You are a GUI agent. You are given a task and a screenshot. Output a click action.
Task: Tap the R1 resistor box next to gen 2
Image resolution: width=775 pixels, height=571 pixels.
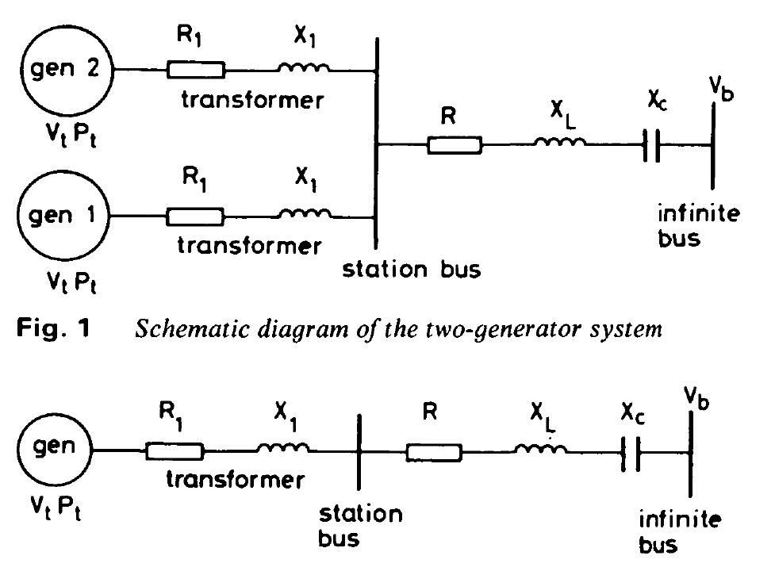[x=195, y=71]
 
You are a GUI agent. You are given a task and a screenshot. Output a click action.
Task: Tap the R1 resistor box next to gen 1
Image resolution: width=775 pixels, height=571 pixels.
[x=195, y=215]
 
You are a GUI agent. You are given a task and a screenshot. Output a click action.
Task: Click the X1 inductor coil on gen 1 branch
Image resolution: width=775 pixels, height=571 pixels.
[x=306, y=213]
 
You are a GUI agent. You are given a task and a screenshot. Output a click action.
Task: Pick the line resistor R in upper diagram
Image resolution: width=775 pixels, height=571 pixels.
[x=454, y=145]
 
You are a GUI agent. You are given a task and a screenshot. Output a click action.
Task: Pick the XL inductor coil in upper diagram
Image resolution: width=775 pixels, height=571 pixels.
[x=560, y=144]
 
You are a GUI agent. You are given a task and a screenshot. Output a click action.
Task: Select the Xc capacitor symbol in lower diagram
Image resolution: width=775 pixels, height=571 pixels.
[x=631, y=453]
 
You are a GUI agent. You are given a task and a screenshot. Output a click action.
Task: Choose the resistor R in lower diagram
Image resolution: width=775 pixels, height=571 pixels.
[x=434, y=452]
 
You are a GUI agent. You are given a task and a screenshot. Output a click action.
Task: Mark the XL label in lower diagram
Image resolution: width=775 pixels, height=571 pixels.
[x=543, y=416]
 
